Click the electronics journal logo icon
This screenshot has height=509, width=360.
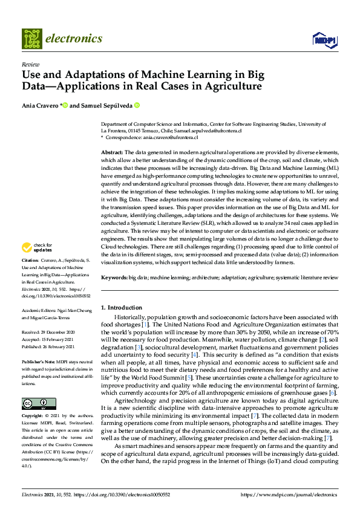point(31,39)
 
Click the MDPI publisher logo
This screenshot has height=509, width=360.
point(324,39)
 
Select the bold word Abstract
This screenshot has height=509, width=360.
point(113,152)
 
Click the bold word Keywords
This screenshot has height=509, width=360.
point(114,277)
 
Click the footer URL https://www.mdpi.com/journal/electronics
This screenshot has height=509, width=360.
point(290,494)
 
